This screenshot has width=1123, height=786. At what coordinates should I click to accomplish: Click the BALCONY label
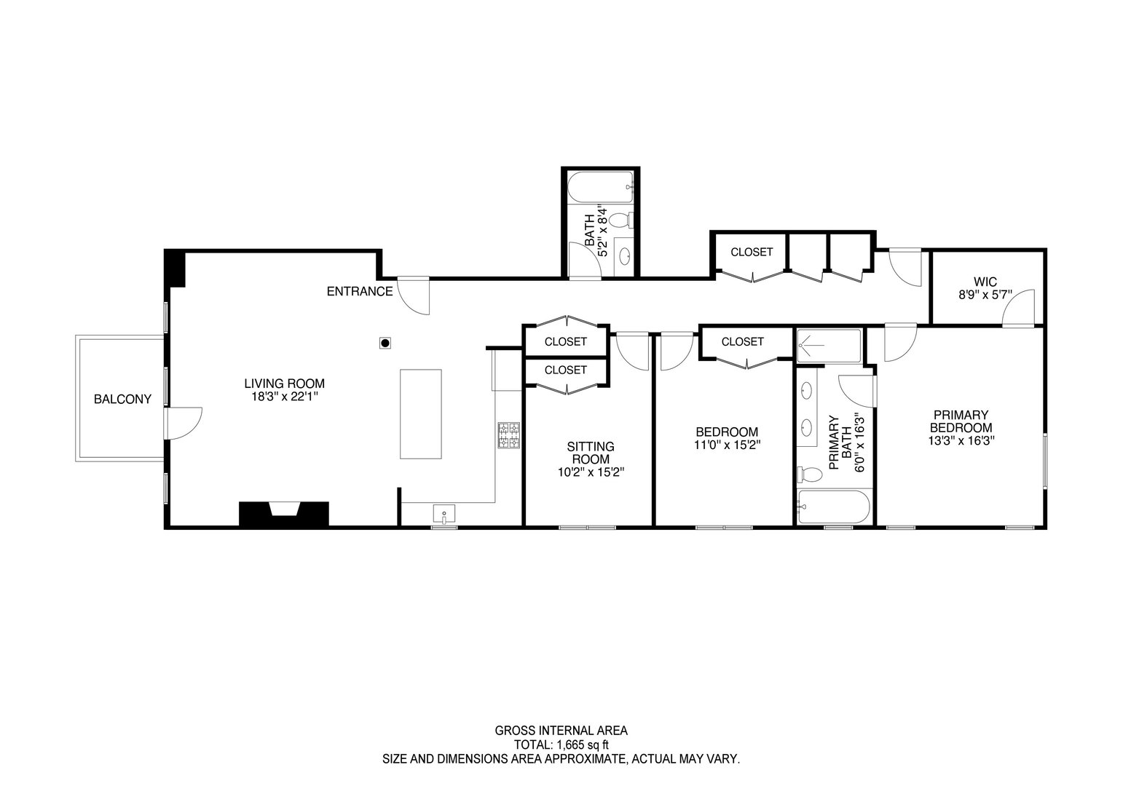pyautogui.click(x=122, y=399)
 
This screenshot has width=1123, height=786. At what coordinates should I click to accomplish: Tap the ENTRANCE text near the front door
pyautogui.click(x=359, y=292)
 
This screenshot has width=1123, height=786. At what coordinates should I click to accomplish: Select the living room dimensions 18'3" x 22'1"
pyautogui.click(x=283, y=397)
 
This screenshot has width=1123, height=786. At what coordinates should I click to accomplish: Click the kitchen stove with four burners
pyautogui.click(x=508, y=434)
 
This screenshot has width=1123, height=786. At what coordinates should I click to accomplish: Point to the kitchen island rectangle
pyautogui.click(x=420, y=413)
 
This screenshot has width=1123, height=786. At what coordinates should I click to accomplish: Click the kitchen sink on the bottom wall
pyautogui.click(x=444, y=515)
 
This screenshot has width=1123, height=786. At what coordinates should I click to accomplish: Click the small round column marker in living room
pyautogui.click(x=386, y=342)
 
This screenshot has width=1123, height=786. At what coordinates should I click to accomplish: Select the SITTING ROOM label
pyautogui.click(x=590, y=453)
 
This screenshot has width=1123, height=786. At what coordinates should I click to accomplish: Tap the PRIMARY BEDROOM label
pyautogui.click(x=961, y=421)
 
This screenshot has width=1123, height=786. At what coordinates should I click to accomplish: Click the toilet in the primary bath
pyautogui.click(x=809, y=475)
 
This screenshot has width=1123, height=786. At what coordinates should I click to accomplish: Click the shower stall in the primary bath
pyautogui.click(x=829, y=345)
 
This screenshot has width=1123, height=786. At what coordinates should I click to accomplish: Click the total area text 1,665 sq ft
pyautogui.click(x=561, y=745)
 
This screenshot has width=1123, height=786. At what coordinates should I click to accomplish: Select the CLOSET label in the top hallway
pyautogui.click(x=752, y=252)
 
